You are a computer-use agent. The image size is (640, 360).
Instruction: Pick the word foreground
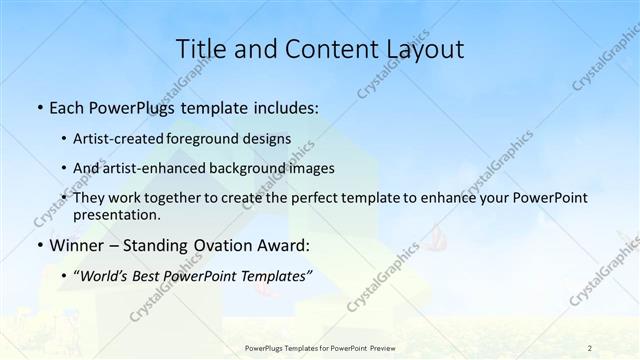[212, 138]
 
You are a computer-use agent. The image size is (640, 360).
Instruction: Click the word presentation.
[117, 214]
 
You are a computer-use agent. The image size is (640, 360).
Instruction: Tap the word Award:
[283, 245]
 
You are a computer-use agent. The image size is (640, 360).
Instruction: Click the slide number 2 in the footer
[590, 347]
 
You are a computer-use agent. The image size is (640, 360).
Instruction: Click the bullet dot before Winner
[39, 245]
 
